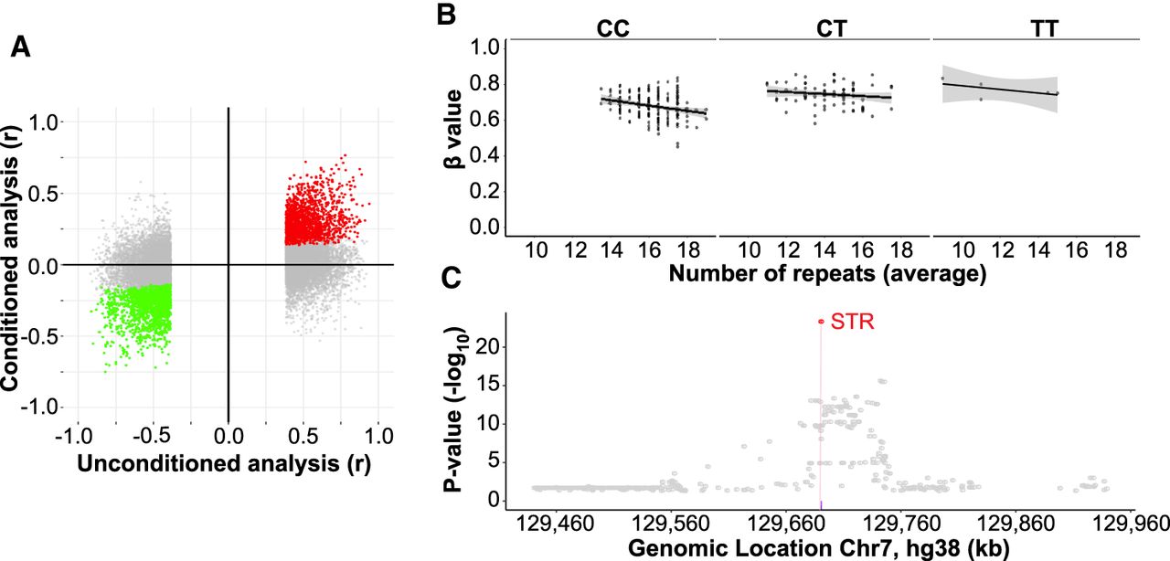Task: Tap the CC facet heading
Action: coord(612,29)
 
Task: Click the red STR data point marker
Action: coord(821,322)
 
